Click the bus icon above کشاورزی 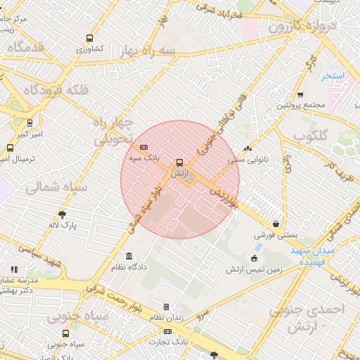point(89,39)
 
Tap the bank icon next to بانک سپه point(144,147)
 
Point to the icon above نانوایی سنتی point(247,148)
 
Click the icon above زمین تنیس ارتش point(255,258)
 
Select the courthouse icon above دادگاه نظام point(128,256)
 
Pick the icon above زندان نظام point(167,307)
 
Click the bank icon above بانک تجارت point(167,330)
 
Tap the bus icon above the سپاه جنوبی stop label point(66,333)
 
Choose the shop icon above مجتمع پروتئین point(300,94)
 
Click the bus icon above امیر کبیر point(30,122)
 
